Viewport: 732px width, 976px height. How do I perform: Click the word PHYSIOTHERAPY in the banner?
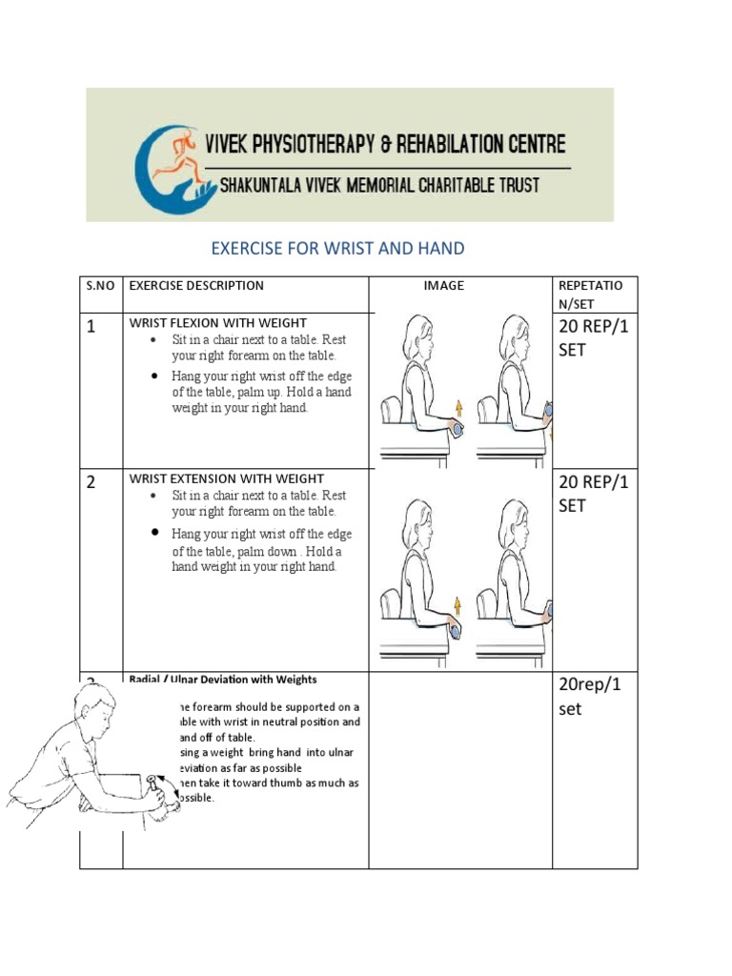point(314,145)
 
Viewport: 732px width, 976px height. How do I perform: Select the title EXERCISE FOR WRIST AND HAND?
point(337,249)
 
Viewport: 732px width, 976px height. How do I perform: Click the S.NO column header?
point(99,285)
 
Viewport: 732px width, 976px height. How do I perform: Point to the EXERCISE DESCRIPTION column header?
point(196,285)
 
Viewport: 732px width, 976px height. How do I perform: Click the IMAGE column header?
point(444,285)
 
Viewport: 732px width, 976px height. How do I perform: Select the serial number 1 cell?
point(91,328)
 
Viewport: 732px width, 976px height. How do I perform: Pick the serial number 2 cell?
point(91,482)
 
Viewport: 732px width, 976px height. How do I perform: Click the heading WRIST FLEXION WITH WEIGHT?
point(218,323)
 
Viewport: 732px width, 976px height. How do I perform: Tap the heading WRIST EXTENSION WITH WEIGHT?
point(227,478)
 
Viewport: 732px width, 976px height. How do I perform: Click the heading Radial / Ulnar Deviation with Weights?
point(223,680)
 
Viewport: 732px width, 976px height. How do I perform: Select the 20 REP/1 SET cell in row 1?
point(594,338)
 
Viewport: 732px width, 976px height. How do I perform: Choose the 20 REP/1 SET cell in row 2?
point(594,494)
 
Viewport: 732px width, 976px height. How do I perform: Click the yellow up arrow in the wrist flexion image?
point(458,407)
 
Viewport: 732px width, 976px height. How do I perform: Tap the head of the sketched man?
point(95,708)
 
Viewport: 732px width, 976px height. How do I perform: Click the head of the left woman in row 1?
point(419,339)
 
